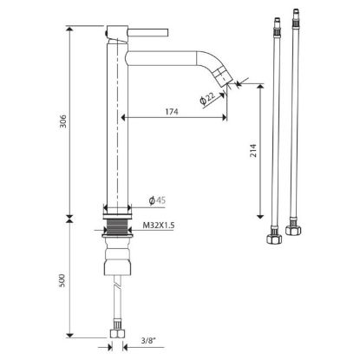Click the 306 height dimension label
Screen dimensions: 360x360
(x=63, y=121)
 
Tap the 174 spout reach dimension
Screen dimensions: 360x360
(x=172, y=111)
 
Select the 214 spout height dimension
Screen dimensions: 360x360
(x=253, y=150)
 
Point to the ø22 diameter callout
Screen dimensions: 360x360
(x=208, y=98)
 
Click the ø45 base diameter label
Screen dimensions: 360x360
(x=157, y=200)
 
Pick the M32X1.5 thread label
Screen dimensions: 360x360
(x=159, y=226)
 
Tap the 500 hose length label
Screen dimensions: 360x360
(x=62, y=280)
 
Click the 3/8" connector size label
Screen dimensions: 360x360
(x=148, y=340)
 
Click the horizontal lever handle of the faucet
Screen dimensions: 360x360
(x=148, y=32)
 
